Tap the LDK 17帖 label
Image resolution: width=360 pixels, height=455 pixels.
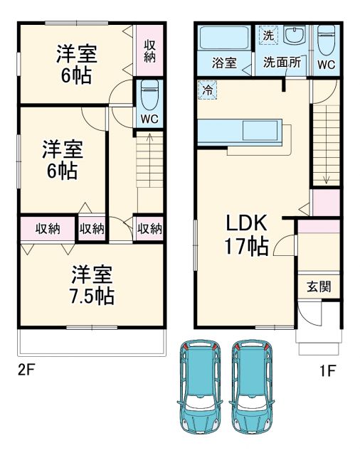tap(247, 235)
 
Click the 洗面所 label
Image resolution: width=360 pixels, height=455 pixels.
tap(282, 63)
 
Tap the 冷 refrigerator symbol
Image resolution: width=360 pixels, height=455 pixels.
tap(207, 91)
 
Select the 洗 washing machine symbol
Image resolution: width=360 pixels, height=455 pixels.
tap(268, 35)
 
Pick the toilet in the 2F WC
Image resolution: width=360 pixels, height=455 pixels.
tap(150, 95)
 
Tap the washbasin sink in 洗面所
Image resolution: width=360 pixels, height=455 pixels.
tap(294, 36)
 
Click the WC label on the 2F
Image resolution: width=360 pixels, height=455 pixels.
tap(149, 118)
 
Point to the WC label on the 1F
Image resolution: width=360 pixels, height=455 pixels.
tap(325, 63)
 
